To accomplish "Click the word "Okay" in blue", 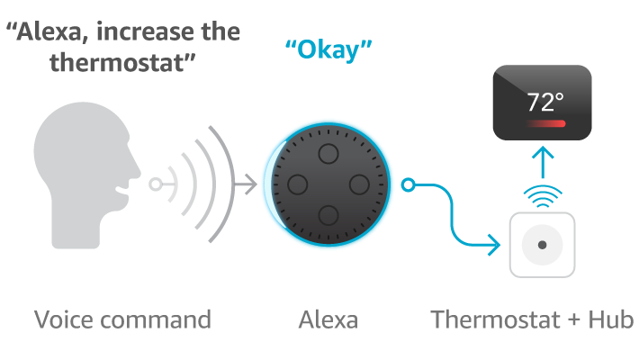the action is click(328, 50).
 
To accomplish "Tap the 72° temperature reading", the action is click(544, 101).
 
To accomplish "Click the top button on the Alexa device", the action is click(327, 151).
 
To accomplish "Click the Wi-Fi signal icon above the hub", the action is click(543, 195).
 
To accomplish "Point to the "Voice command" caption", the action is click(122, 319).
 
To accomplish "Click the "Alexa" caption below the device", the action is click(327, 319).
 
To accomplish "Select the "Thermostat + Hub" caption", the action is click(533, 319).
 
